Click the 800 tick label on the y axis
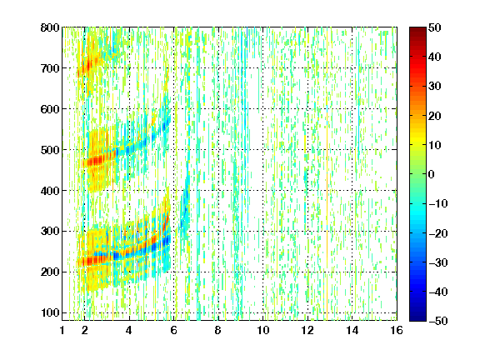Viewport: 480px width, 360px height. coord(50,27)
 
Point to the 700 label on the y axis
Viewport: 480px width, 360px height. coord(50,68)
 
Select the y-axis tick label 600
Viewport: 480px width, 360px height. coord(50,109)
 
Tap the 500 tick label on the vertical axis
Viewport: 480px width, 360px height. coord(50,150)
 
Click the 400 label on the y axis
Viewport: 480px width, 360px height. coord(50,190)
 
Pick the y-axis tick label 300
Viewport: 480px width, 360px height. coord(50,231)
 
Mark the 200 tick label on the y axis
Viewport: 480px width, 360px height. coord(50,272)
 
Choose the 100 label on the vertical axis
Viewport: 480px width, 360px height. coord(50,312)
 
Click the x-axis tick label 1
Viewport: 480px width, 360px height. coord(62,330)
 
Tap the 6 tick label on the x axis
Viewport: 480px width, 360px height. coord(174,330)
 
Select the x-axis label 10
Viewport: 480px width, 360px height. coord(263,330)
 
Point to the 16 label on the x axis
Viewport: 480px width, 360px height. coord(397,330)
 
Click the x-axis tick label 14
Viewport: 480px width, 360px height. coord(352,330)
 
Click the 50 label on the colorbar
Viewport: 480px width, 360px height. coord(434,27)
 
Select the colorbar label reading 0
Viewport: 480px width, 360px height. coord(432,174)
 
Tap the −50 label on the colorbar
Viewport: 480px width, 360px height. coord(438,321)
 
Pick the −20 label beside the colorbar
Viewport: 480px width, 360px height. coord(438,233)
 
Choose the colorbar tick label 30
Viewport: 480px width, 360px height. coord(434,86)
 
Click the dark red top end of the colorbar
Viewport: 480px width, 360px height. coord(417,28)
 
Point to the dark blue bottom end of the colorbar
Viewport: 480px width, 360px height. coord(417,320)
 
